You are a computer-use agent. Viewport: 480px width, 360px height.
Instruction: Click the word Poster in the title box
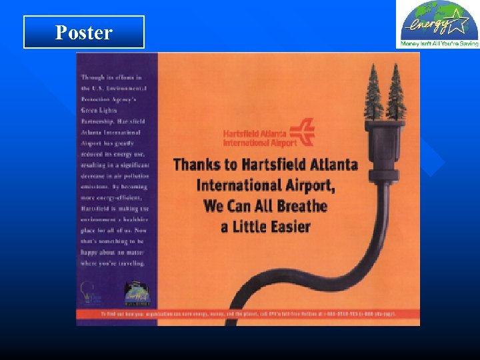point(84,33)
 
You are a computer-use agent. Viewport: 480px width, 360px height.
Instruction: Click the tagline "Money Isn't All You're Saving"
point(438,44)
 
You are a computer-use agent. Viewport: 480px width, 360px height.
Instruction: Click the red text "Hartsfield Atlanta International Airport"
point(259,138)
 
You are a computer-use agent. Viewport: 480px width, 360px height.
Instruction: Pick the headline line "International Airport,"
point(265,184)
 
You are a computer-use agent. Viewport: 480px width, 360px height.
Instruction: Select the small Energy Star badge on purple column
point(134,294)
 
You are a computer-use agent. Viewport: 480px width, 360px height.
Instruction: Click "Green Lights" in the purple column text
point(99,110)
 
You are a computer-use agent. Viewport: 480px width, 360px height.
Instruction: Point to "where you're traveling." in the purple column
point(112,263)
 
